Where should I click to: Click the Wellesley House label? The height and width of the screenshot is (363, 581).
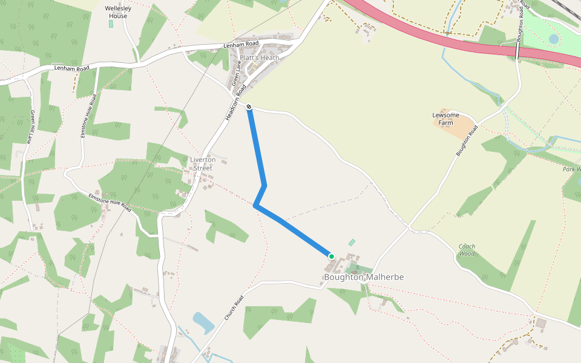pos(117,12)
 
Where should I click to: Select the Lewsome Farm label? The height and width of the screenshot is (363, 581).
pos(445,119)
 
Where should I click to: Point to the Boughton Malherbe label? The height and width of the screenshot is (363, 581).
pos(364,277)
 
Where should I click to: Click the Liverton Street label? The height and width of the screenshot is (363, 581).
pos(203,163)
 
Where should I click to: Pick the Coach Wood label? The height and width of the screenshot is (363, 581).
pos(467,250)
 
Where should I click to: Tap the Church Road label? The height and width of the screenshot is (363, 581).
pos(234,307)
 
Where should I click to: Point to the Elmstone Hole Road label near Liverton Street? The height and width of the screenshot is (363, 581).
pos(110,201)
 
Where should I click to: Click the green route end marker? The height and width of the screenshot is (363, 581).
pos(332,257)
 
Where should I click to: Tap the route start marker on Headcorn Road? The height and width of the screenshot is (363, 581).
pos(249,107)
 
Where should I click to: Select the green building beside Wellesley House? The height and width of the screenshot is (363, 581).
pos(110,24)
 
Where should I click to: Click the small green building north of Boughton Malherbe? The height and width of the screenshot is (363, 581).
pos(352,242)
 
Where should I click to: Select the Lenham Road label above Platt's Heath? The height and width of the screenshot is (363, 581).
pos(241,44)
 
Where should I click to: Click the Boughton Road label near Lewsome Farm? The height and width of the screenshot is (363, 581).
pos(467,141)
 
